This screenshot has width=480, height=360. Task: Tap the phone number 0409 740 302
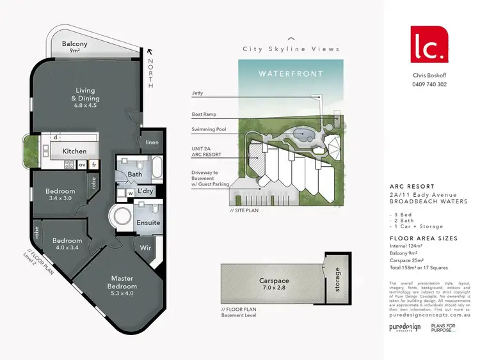click(x=429, y=84)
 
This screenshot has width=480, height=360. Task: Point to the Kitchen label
click(x=74, y=152)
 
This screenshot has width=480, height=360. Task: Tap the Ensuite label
click(x=148, y=223)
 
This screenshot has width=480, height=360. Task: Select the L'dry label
click(x=145, y=192)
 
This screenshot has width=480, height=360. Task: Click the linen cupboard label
click(x=152, y=142)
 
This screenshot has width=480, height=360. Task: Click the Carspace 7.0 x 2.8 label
click(x=275, y=284)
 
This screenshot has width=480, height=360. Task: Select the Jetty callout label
click(x=197, y=93)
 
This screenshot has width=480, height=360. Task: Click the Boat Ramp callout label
click(x=204, y=114)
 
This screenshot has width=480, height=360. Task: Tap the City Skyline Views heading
click(x=291, y=49)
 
